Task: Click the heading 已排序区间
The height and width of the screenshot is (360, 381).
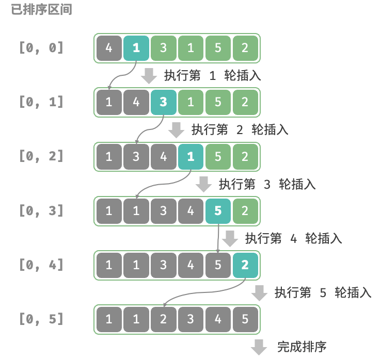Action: pyautogui.click(x=41, y=10)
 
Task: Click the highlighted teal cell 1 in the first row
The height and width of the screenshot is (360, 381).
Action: pyautogui.click(x=136, y=48)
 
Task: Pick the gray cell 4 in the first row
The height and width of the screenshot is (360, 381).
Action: pyautogui.click(x=108, y=48)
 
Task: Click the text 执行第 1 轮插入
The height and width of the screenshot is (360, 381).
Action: pyautogui.click(x=212, y=75)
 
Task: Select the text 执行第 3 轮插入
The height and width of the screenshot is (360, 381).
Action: pyautogui.click(x=267, y=184)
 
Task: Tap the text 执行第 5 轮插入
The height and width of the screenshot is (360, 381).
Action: pyautogui.click(x=323, y=292)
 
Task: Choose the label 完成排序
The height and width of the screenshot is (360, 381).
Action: pyautogui.click(x=301, y=346)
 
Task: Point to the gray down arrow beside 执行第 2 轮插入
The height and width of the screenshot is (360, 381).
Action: pyautogui.click(x=177, y=129)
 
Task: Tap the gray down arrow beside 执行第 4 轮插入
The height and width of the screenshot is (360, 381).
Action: pyautogui.click(x=230, y=238)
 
